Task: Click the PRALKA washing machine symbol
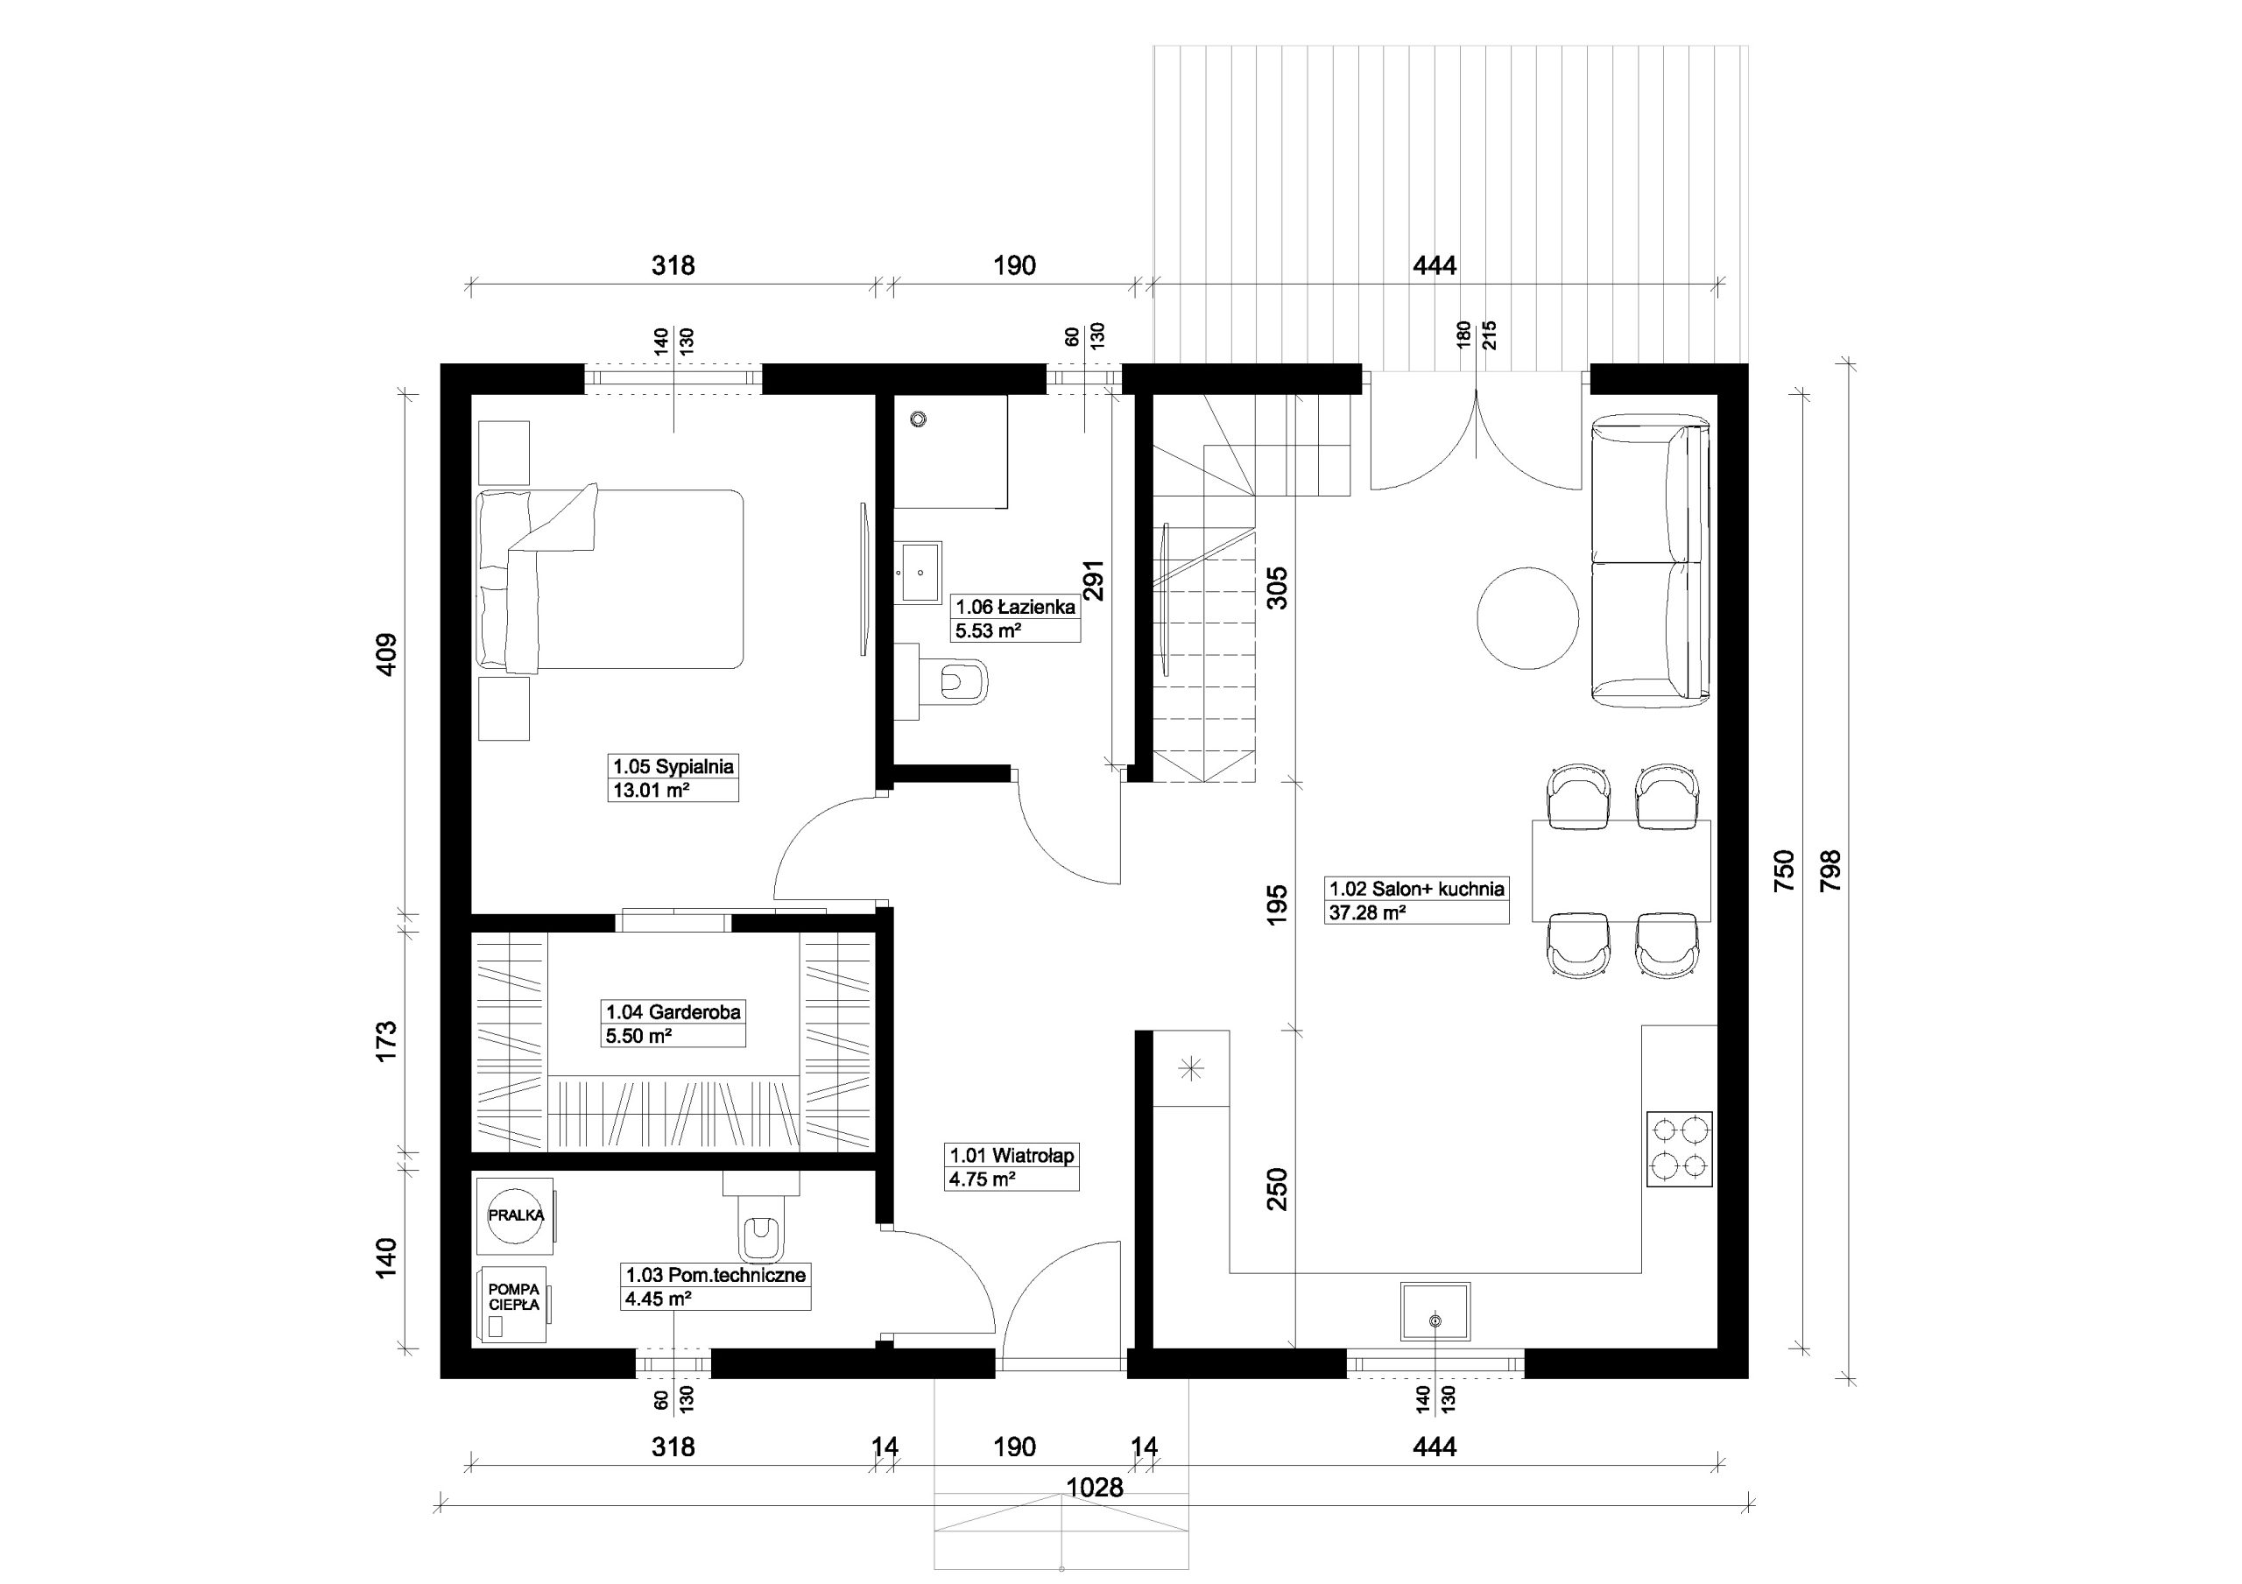pos(516,1214)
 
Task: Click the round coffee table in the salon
pos(1527,617)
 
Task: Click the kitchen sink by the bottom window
pos(1435,1312)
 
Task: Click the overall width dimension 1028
pos(1095,1488)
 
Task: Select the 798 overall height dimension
pos(1831,870)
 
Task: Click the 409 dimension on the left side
pos(387,654)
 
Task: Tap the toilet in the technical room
pos(761,1219)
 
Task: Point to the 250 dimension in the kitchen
pos(1277,1189)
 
